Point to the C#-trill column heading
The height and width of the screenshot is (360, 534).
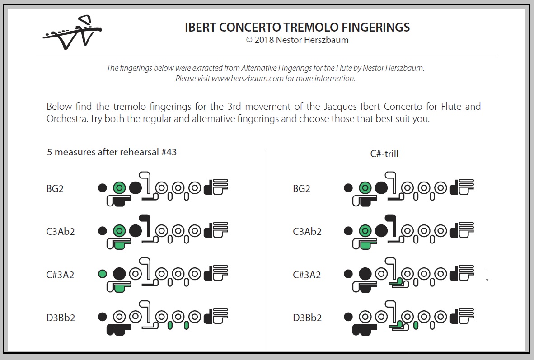tap(384, 154)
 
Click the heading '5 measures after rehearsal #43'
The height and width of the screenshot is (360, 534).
tap(112, 152)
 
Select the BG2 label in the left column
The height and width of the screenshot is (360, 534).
tap(55, 189)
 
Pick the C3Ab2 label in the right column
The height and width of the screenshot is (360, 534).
tap(307, 232)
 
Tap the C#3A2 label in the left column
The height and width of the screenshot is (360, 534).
tap(60, 275)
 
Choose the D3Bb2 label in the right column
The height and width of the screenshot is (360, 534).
tap(307, 318)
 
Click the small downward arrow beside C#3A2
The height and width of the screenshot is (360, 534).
tap(487, 275)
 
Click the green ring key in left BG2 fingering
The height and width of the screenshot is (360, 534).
tap(119, 187)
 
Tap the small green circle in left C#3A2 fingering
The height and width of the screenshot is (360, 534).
tap(103, 273)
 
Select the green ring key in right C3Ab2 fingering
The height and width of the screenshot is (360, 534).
tap(365, 231)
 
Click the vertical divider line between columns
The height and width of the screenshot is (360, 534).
tap(267, 248)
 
